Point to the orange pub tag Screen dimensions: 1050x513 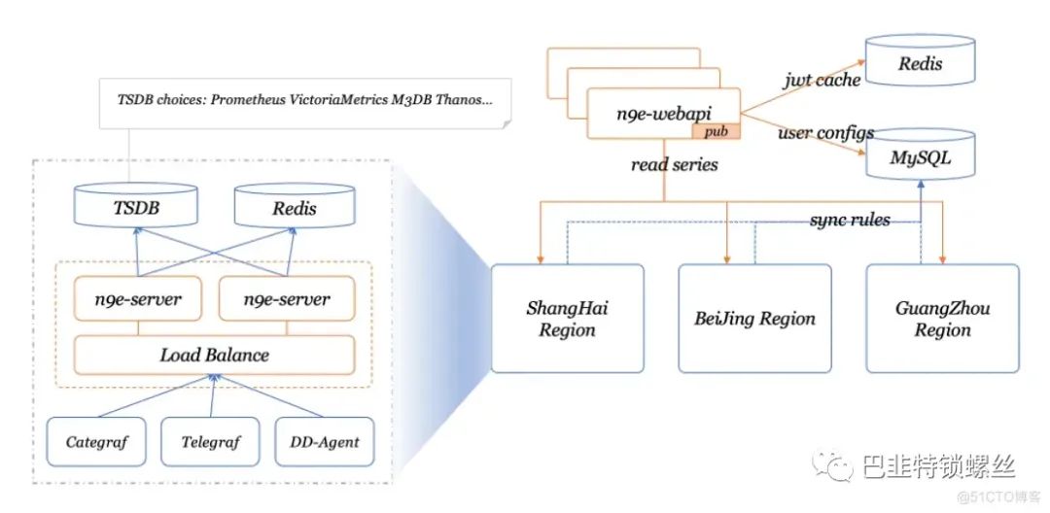717,131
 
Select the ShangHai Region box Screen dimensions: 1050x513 567,318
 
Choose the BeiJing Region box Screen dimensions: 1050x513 754,318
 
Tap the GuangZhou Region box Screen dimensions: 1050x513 942,318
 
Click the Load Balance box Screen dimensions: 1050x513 214,355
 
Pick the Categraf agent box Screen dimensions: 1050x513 96,441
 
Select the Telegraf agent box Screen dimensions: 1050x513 210,441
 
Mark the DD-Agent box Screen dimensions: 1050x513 325,441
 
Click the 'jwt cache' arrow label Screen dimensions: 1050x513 822,80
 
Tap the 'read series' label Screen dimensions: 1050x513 674,163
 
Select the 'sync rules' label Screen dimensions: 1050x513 850,219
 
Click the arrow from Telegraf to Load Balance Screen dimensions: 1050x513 212,396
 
